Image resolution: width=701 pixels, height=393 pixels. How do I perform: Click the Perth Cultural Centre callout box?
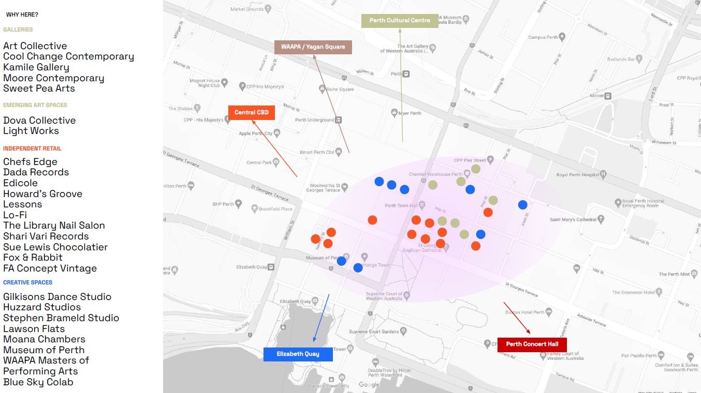400,21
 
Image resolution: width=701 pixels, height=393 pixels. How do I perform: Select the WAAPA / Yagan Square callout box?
313,47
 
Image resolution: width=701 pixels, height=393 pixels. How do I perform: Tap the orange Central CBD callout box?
251,113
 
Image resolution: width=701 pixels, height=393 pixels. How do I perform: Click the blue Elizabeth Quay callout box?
298,354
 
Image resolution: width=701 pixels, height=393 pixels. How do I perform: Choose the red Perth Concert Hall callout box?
532,344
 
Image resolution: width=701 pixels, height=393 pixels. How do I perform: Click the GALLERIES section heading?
18,30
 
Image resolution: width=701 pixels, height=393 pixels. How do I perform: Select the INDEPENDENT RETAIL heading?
32,148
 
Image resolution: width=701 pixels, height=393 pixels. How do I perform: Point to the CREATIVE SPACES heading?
28,283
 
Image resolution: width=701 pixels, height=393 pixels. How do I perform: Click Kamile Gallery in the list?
36,67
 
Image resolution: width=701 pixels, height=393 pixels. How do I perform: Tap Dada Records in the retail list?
36,172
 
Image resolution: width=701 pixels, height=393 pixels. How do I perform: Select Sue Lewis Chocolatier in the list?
55,247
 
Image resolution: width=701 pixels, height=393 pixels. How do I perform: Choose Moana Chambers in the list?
44,339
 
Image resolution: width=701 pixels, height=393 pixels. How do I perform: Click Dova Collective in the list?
39,120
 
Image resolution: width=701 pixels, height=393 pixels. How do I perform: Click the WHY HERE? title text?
22,15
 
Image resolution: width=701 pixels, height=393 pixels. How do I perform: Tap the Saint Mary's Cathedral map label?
573,220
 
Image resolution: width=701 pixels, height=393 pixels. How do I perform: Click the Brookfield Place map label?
275,209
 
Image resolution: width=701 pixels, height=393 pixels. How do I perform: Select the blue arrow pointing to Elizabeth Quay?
321,318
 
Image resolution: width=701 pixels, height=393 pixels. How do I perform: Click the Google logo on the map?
369,385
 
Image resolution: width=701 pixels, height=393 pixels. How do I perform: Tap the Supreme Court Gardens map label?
374,331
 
